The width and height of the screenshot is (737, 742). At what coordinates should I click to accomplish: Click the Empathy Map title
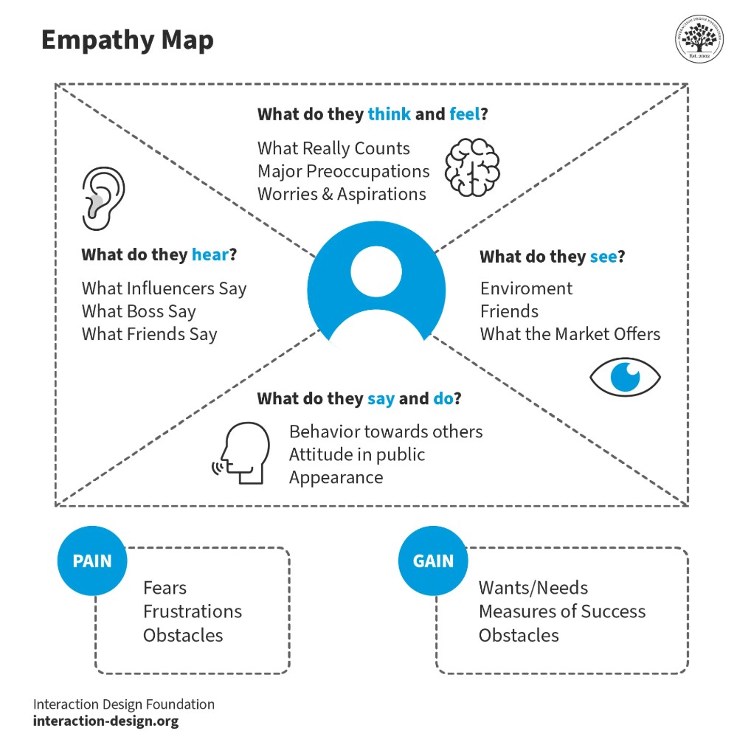(x=127, y=40)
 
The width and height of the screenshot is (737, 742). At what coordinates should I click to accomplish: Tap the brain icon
(x=472, y=167)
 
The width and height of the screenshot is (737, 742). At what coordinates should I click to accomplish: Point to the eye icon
(x=625, y=377)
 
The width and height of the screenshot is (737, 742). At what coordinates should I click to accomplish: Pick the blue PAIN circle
(x=92, y=561)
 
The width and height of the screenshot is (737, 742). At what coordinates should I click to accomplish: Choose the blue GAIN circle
(x=433, y=561)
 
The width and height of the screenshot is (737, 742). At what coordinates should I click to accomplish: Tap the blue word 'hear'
(x=210, y=255)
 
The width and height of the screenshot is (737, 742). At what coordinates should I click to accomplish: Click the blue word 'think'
(x=388, y=114)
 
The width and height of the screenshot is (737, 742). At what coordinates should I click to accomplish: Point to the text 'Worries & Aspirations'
(x=342, y=194)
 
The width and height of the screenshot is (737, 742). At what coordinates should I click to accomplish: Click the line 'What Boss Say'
(x=139, y=311)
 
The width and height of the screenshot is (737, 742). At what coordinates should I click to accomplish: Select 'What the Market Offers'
(x=570, y=334)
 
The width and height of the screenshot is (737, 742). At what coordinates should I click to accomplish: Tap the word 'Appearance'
(x=336, y=477)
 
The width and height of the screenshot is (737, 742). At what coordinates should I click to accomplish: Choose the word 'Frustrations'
(x=192, y=611)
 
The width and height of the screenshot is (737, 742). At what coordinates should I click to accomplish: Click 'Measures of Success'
(x=561, y=611)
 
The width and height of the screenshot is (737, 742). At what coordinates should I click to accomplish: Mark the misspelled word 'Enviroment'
(x=526, y=288)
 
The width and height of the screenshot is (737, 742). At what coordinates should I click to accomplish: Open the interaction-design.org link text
(x=105, y=721)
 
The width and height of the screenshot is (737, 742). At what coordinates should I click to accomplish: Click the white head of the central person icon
(x=376, y=270)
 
